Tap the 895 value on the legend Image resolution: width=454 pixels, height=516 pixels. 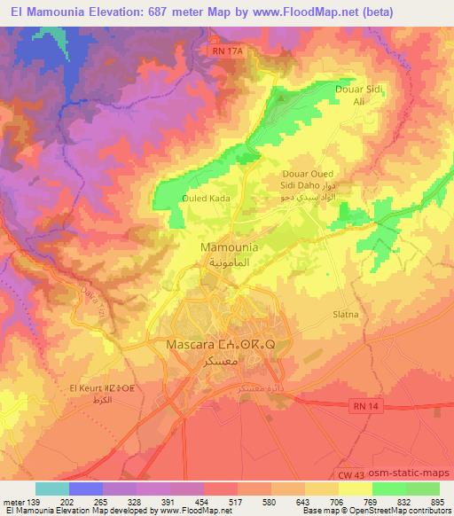438,502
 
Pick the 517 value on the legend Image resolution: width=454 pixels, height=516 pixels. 237,502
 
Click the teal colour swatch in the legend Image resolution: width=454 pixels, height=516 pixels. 52,489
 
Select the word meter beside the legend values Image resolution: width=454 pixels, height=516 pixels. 15,502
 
